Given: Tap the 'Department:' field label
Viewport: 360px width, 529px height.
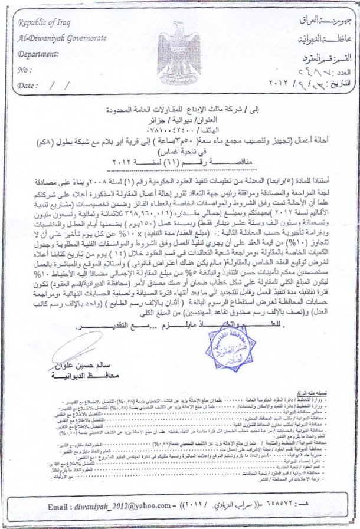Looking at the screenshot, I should click(41, 53).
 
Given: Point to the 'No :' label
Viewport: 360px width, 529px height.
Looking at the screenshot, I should click(24, 69).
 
